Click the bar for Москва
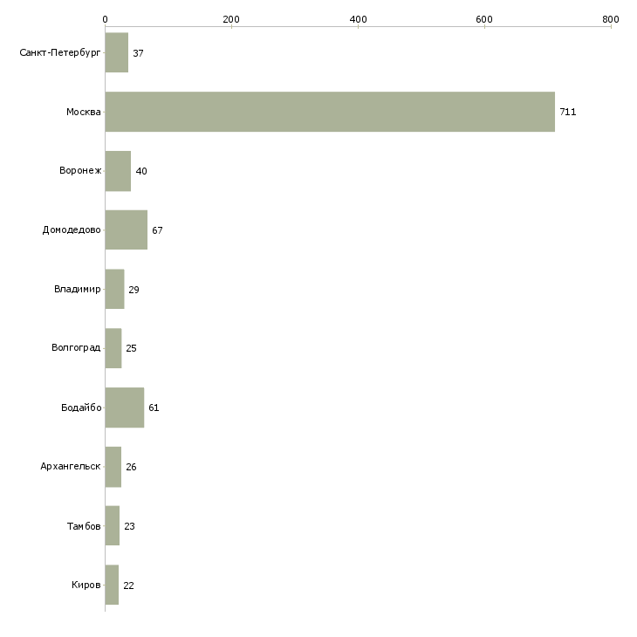[x=330, y=112]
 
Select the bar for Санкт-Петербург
[x=117, y=53]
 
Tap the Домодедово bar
[x=127, y=230]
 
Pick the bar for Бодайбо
[x=125, y=408]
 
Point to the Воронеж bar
[x=118, y=171]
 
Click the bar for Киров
[x=112, y=585]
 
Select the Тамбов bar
[x=112, y=525]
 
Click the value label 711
[x=567, y=112]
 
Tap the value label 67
[x=157, y=230]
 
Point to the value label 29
[x=134, y=290]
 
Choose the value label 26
[x=131, y=467]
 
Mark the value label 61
[x=154, y=408]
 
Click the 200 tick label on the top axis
[x=231, y=19]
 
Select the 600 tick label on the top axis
[x=484, y=19]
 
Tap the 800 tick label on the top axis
[x=611, y=19]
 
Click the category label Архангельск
[x=71, y=466]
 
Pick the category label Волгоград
[x=76, y=348]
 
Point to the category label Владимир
[x=77, y=289]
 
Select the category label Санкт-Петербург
[x=60, y=53]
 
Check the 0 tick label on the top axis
[x=106, y=19]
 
